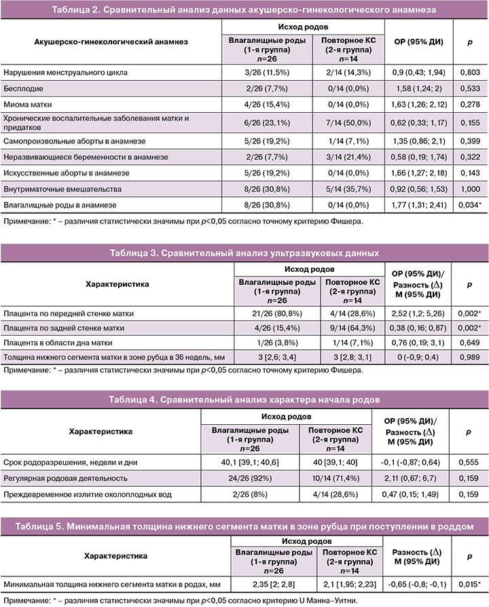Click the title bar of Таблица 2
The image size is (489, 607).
[x=244, y=11]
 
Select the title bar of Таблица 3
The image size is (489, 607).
[x=244, y=254]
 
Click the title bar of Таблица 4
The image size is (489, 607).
[x=244, y=399]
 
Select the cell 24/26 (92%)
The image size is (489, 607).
[x=253, y=479]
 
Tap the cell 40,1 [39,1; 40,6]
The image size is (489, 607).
[x=253, y=462]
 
